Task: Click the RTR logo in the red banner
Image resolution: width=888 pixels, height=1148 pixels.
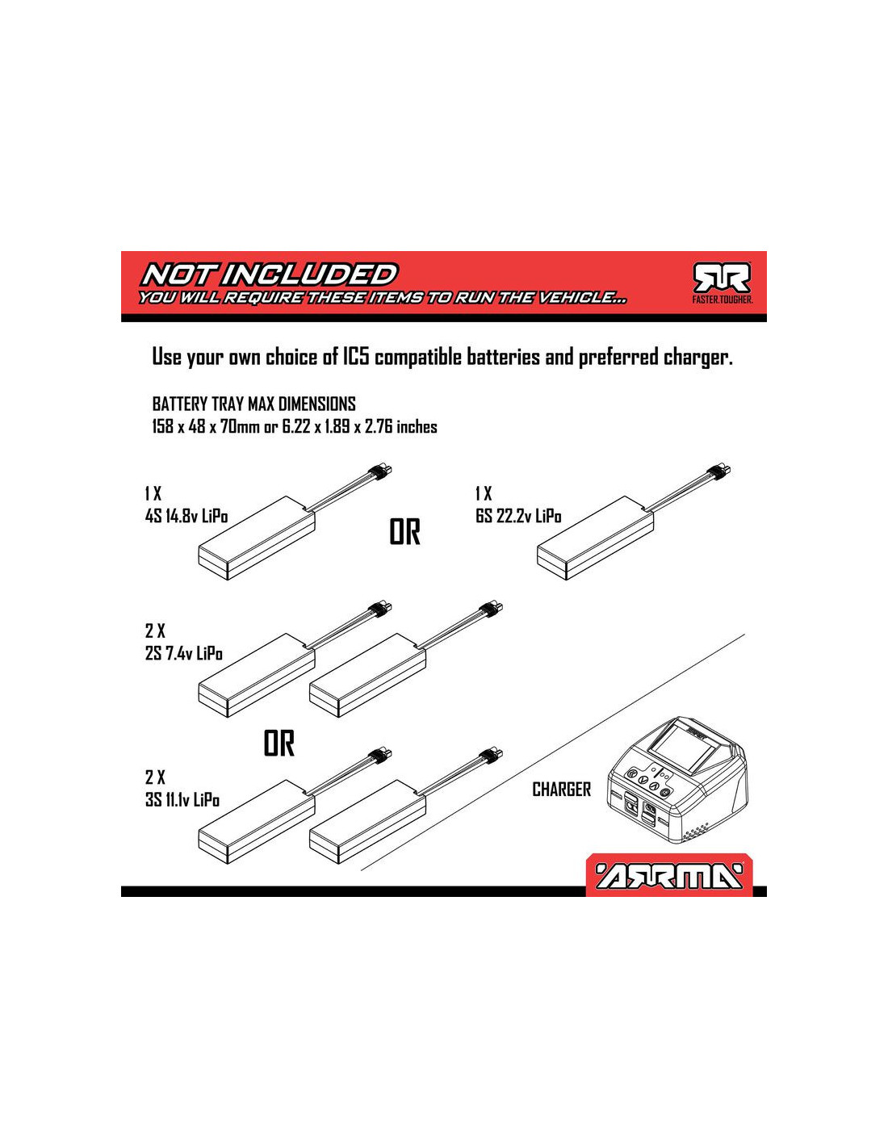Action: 723,279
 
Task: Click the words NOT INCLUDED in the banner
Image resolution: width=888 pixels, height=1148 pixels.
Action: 270,274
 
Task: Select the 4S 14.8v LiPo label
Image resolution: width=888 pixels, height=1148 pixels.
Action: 186,516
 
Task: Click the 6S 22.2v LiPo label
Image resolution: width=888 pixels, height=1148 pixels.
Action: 518,516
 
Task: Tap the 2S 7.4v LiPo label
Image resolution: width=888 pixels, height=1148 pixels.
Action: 184,653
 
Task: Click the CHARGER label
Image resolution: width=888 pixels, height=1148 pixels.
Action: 561,790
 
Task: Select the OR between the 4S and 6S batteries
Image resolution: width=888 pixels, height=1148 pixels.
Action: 404,532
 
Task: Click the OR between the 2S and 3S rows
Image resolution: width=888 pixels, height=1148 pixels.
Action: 279,744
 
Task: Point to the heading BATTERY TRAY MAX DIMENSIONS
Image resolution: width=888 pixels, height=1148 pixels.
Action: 254,404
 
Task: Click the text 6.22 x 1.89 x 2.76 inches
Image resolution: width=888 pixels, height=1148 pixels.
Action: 360,426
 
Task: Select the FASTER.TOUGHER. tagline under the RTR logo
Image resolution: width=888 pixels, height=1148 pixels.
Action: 723,300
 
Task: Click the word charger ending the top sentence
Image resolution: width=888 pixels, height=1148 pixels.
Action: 697,358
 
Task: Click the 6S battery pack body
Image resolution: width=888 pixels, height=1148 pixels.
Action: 595,544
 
